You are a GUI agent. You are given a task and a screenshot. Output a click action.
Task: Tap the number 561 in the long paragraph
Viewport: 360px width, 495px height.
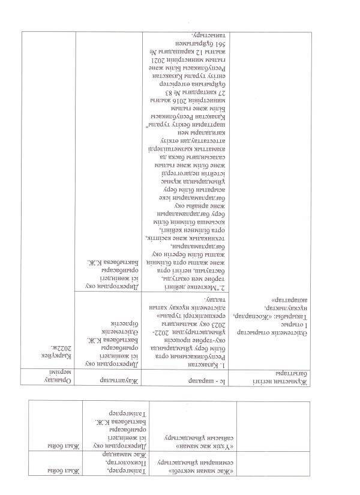pos(193,45)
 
